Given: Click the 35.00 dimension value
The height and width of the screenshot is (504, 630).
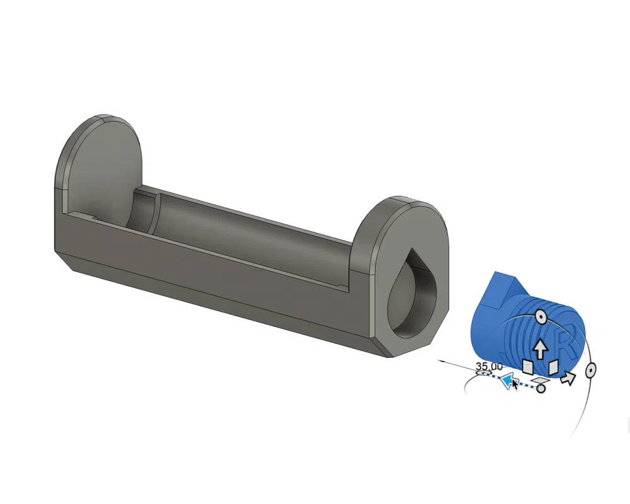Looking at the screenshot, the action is coord(489,366).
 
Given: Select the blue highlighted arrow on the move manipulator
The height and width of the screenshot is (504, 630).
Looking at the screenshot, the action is coord(507,380).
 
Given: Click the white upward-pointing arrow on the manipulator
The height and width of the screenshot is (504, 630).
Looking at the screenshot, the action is coord(541,349).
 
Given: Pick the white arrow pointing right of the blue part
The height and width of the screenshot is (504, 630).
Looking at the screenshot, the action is coord(568,377).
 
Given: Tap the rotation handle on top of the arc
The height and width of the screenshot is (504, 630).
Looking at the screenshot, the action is coord(541,318).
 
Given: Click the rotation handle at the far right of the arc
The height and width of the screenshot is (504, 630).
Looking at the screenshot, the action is coord(590,370).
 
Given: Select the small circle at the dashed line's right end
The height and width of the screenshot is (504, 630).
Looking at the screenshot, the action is coord(541,388).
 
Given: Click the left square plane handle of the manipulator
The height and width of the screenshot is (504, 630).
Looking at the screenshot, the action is coord(527,367).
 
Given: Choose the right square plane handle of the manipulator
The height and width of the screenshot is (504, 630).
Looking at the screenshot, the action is coord(553,367).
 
